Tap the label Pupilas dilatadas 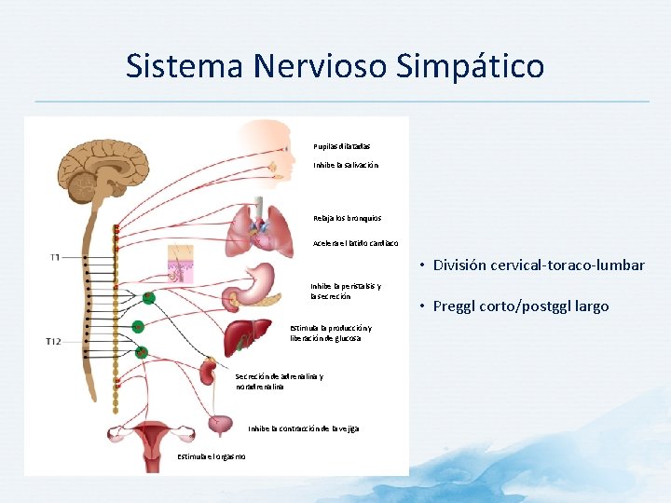click(x=342, y=145)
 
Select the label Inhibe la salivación click(x=346, y=165)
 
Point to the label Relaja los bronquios click(x=348, y=218)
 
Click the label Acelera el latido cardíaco click(x=356, y=243)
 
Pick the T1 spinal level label click(x=55, y=256)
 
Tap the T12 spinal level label click(x=54, y=343)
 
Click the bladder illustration click(x=220, y=424)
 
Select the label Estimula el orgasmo click(x=212, y=455)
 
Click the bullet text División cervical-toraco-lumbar click(x=539, y=265)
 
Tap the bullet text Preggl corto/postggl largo click(x=521, y=306)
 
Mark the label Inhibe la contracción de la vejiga click(x=303, y=428)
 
